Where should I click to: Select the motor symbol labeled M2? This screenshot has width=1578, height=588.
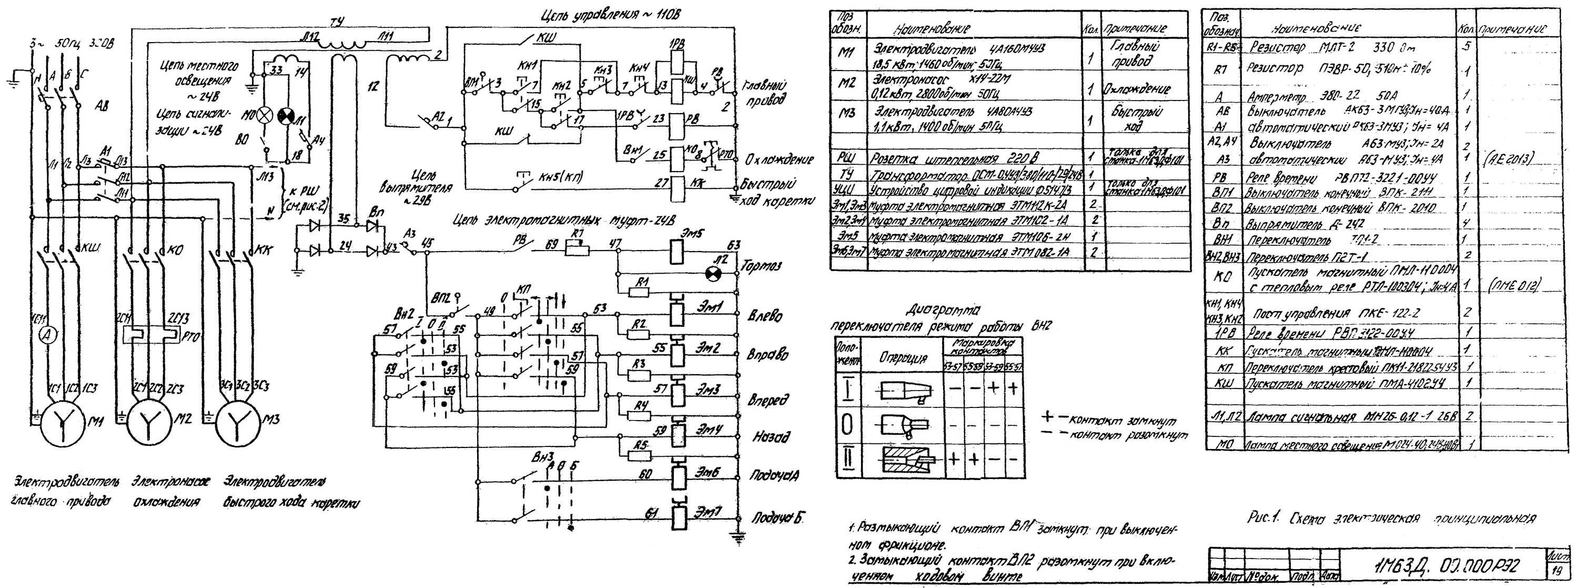tap(149, 422)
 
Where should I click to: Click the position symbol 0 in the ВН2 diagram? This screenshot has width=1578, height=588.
tap(849, 424)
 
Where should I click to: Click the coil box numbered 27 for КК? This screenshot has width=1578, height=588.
tap(676, 183)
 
